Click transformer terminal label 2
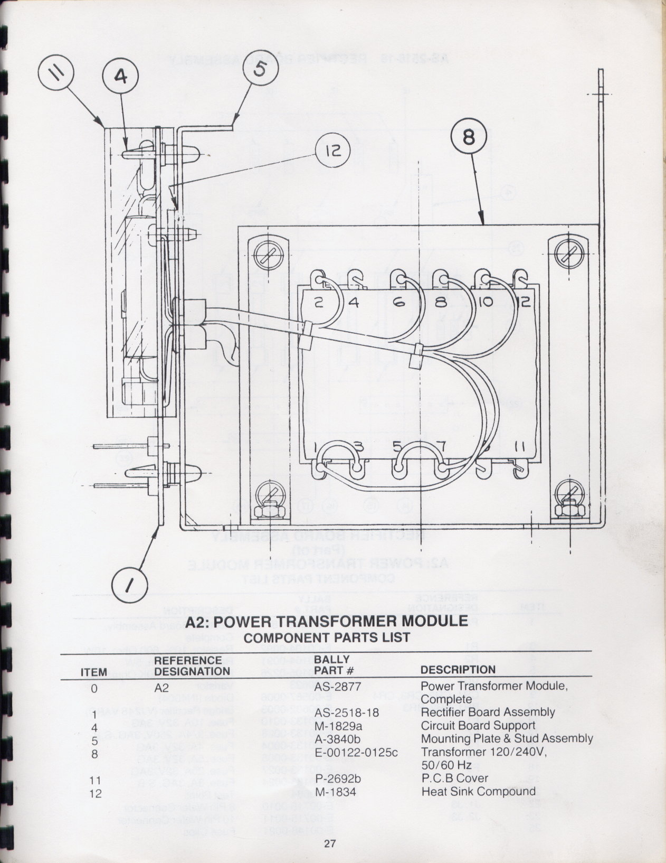click(x=319, y=303)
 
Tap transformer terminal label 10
click(x=487, y=303)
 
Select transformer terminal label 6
click(x=398, y=303)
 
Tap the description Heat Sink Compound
click(x=479, y=791)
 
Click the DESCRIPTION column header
click(x=458, y=670)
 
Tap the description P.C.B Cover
click(x=455, y=778)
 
